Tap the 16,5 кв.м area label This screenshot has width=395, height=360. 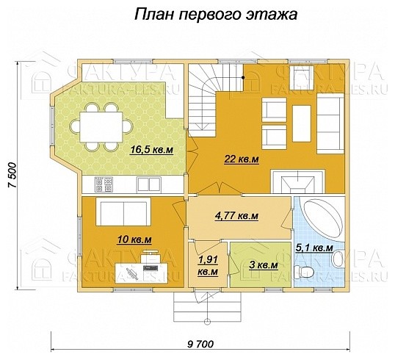[x=151, y=150]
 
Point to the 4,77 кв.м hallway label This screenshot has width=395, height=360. [x=236, y=216]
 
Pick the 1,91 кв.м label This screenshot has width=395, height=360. [x=208, y=265]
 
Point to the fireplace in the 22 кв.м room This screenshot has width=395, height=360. [x=297, y=180]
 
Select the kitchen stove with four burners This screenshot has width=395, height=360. [x=103, y=184]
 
